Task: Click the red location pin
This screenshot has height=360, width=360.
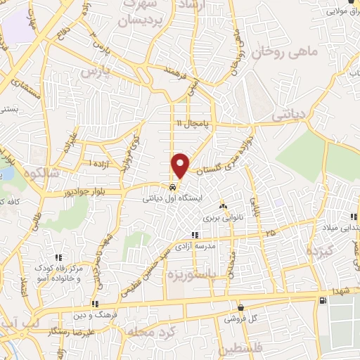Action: click(181, 165)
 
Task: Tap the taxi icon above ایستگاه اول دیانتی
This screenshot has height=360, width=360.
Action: click(172, 188)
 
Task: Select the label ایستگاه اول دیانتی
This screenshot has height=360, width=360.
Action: click(172, 199)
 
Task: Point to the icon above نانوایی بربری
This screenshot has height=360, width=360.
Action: click(223, 207)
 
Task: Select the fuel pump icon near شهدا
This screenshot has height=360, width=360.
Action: click(322, 301)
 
